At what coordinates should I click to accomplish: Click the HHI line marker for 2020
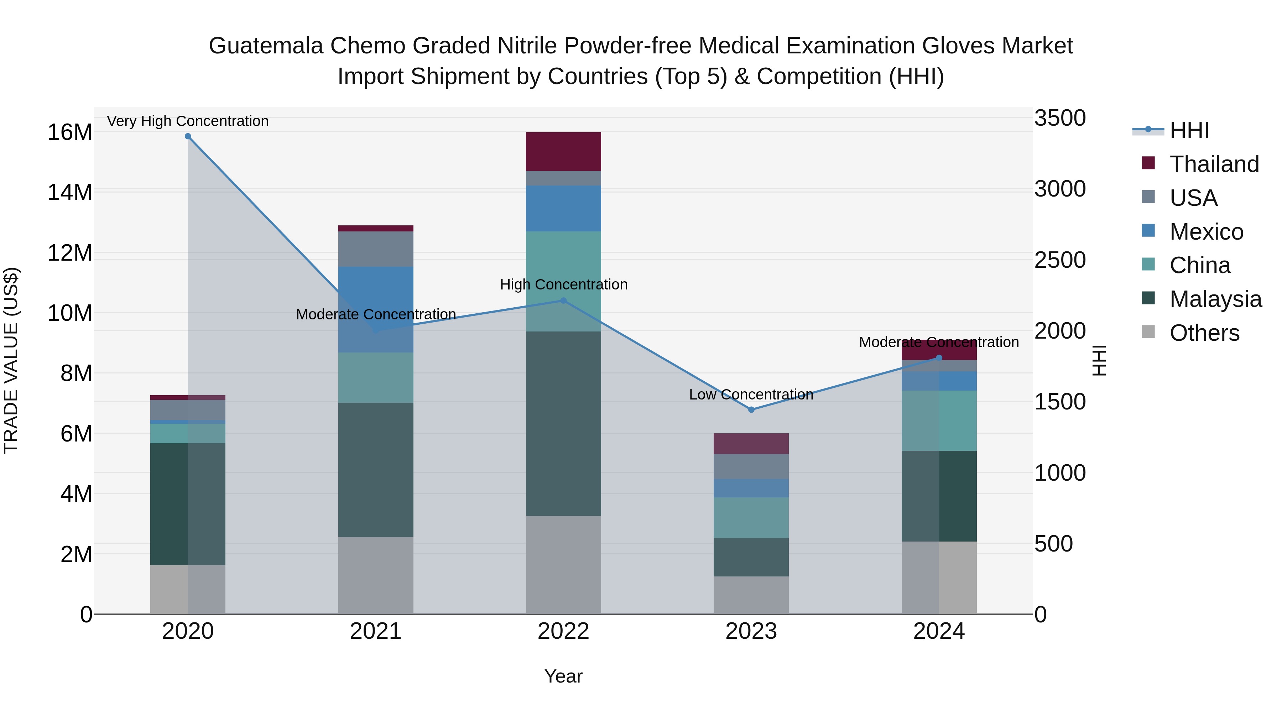click(188, 136)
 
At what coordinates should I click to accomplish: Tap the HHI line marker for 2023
click(751, 409)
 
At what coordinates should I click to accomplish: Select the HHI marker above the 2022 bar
click(563, 301)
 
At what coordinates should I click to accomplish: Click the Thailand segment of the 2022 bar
click(563, 151)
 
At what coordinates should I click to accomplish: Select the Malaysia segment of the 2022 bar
click(563, 423)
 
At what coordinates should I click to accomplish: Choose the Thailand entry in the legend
click(1214, 164)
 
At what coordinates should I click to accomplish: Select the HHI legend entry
click(1189, 130)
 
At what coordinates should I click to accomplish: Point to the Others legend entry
click(1204, 333)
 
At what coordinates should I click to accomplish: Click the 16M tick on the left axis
click(70, 132)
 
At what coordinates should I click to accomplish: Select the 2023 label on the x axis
click(751, 631)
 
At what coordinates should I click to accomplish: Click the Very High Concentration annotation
click(188, 121)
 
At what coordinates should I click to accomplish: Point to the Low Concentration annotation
click(751, 395)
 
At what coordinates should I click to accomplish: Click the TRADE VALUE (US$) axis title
click(11, 360)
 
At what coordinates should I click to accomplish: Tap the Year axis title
click(563, 676)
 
